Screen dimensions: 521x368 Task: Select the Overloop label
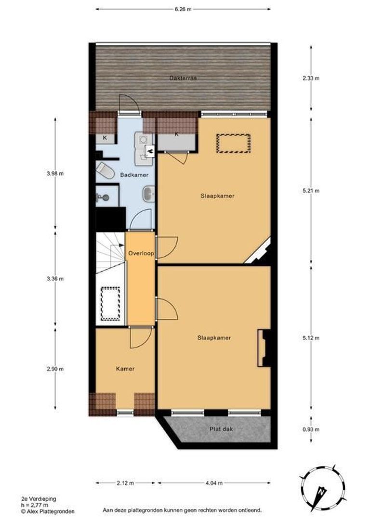click(140, 253)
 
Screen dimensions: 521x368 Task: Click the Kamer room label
click(125, 369)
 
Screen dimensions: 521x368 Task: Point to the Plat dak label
click(221, 428)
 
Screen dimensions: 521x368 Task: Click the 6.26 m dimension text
click(183, 9)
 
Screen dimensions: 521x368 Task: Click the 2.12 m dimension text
click(125, 482)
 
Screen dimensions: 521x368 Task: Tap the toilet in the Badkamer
click(105, 170)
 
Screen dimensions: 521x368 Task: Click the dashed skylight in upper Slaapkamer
click(233, 143)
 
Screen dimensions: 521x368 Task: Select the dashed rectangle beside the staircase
click(110, 303)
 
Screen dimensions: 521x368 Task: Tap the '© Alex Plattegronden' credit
click(47, 511)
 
